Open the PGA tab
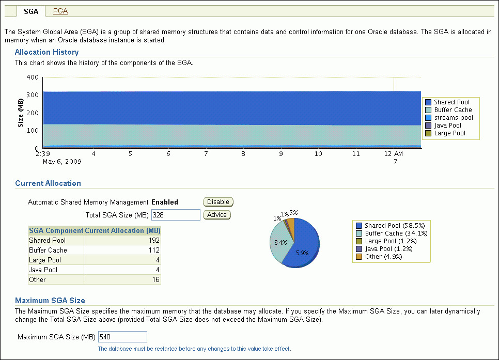coord(60,11)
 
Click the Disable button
coord(218,202)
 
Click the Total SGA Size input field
coord(175,215)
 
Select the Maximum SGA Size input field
coord(122,337)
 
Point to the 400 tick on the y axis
coord(32,77)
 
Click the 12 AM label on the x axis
coord(394,154)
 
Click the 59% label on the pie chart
coord(302,253)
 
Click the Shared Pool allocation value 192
coord(154,241)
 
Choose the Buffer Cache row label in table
coord(48,251)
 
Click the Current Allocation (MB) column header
coord(122,231)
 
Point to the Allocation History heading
coord(46,52)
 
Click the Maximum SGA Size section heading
coord(50,301)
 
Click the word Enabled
coord(164,202)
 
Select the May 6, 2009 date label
coord(62,161)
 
